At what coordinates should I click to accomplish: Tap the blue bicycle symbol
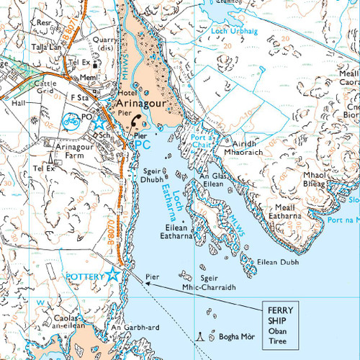(x=72, y=120)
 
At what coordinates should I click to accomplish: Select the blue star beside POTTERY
(x=113, y=274)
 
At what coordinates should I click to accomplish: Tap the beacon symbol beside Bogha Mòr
(x=200, y=336)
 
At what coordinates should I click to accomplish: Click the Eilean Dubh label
(x=279, y=263)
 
